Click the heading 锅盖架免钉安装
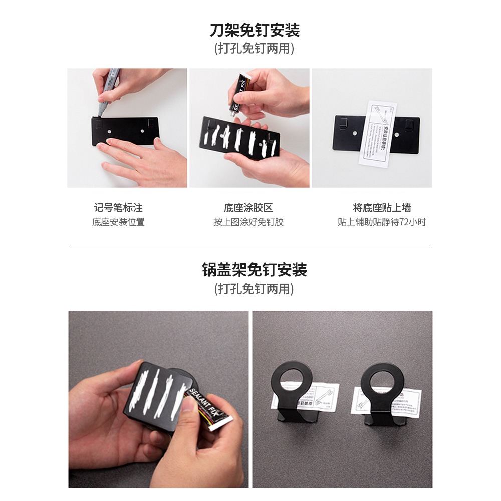[x=254, y=270]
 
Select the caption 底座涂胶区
[x=248, y=208]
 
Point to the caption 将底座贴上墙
[x=382, y=208]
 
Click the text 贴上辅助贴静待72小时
[x=382, y=222]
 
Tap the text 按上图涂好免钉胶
[x=248, y=222]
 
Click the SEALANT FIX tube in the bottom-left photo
[x=203, y=408]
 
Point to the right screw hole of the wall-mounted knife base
[x=396, y=134]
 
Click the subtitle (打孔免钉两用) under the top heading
[x=254, y=49]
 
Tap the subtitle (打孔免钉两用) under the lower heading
[x=254, y=289]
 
